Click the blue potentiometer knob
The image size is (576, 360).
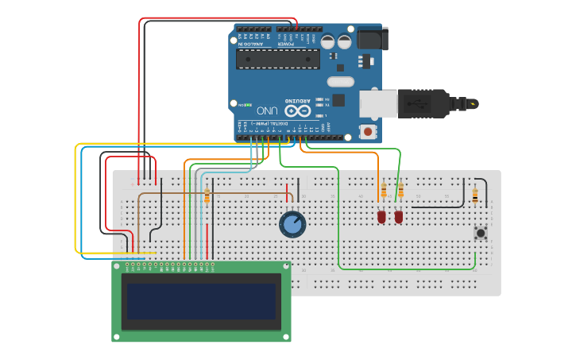click(292, 225)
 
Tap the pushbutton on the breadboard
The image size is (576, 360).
click(480, 233)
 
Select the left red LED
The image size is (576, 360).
click(381, 216)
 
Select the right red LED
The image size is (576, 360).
click(399, 216)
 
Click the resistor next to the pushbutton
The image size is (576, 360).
click(475, 194)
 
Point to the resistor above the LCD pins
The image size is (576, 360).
click(207, 195)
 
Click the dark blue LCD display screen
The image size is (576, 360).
click(201, 301)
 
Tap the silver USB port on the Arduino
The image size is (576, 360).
click(377, 104)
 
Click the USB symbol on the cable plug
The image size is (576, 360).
click(416, 103)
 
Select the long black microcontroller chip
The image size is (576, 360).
click(278, 59)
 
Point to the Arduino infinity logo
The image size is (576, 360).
click(297, 111)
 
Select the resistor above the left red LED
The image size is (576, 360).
click(384, 191)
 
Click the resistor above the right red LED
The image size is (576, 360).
click(400, 191)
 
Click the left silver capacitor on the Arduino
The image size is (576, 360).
click(328, 41)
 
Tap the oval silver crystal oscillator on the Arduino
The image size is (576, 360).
click(340, 81)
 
